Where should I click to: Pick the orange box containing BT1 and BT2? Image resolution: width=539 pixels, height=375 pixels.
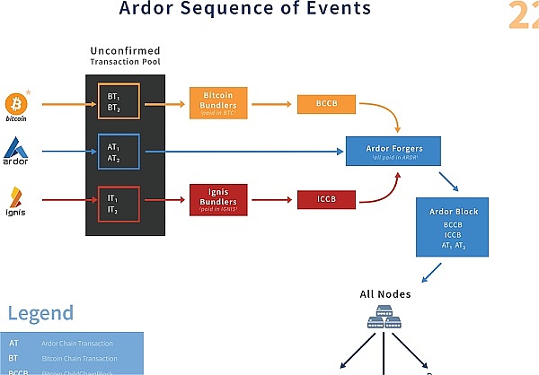(x=119, y=104)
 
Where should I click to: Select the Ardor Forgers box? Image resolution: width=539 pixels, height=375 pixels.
(x=393, y=152)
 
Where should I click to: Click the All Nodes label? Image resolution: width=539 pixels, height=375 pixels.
(x=384, y=294)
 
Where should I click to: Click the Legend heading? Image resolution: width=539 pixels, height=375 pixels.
(x=40, y=313)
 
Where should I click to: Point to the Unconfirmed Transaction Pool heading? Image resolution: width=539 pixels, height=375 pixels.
(x=125, y=57)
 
